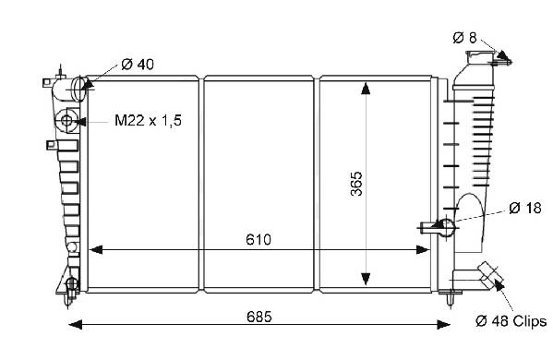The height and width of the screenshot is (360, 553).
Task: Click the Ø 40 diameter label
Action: pos(138,65)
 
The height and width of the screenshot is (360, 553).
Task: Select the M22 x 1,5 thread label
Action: pos(148,121)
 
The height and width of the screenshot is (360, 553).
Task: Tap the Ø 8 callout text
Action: pos(464,37)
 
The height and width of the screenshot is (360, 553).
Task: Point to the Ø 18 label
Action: pos(525,208)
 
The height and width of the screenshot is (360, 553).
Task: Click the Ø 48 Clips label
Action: pos(511,321)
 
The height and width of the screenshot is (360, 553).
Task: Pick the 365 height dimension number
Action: pos(356,184)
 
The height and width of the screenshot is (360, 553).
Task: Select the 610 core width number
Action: pos(258,239)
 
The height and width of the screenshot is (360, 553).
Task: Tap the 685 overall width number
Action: pos(259,317)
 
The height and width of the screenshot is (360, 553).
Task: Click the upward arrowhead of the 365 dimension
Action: pos(366,89)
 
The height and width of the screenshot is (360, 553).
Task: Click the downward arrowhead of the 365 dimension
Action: pos(366,279)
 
